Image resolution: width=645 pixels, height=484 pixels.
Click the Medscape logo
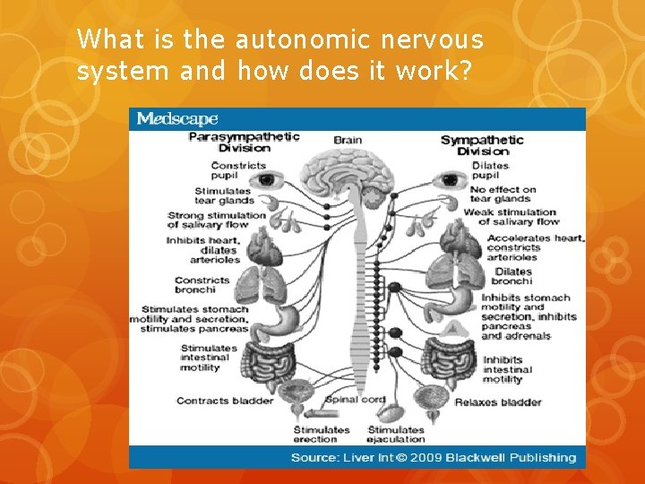pyautogui.click(x=176, y=119)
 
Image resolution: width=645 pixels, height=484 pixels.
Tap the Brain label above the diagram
pyautogui.click(x=348, y=140)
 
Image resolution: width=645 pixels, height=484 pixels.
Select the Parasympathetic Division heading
pyautogui.click(x=244, y=143)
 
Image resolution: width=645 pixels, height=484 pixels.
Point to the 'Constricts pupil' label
pyautogui.click(x=237, y=170)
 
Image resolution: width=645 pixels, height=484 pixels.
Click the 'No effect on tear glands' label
pyautogui.click(x=503, y=194)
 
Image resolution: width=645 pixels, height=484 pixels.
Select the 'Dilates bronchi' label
pyautogui.click(x=512, y=276)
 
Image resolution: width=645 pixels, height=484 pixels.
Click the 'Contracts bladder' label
pyautogui.click(x=224, y=401)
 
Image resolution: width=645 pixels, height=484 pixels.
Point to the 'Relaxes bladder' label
pyautogui.click(x=497, y=402)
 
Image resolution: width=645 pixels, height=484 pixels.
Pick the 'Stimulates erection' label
pyautogui.click(x=321, y=435)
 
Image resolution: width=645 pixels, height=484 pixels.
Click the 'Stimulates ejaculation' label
pyautogui.click(x=395, y=435)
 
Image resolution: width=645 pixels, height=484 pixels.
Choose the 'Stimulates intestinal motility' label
pyautogui.click(x=208, y=358)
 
